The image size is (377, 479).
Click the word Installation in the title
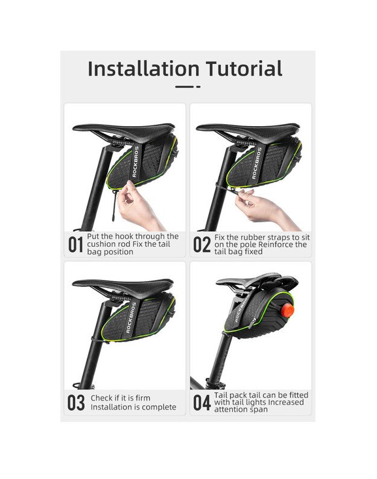click(144, 68)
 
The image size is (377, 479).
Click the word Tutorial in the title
click(244, 68)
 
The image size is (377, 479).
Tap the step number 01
click(75, 245)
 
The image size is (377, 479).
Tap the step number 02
click(201, 245)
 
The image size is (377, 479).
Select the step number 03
click(76, 402)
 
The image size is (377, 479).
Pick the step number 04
click(202, 402)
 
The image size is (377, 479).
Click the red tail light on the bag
click(288, 310)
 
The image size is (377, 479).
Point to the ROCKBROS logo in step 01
click(136, 162)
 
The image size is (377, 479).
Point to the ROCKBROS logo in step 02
click(256, 163)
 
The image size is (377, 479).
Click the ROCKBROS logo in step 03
click(131, 317)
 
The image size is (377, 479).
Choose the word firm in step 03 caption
click(143, 398)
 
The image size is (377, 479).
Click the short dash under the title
click(198, 87)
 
